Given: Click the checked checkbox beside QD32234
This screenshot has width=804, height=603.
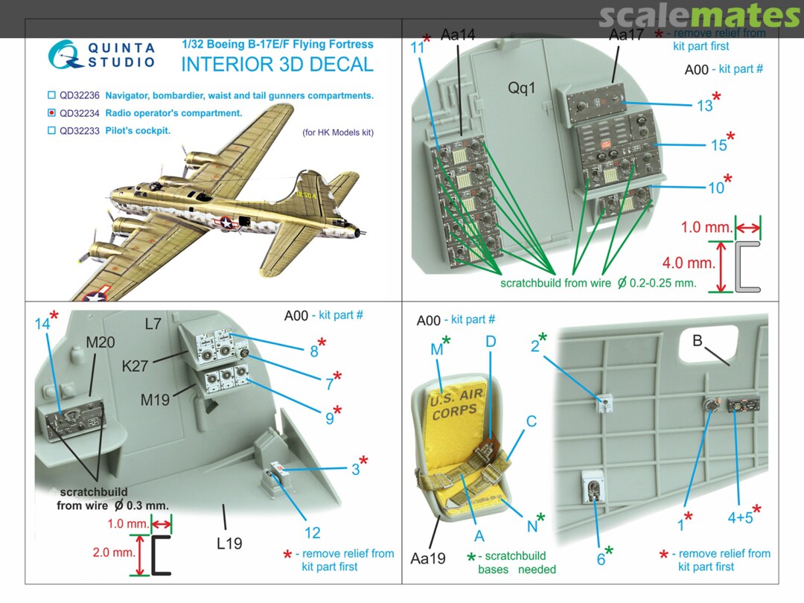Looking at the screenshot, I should [51, 113].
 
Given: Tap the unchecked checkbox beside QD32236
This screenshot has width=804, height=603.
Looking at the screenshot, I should [51, 95].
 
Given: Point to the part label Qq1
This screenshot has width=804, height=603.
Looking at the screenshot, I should [523, 87].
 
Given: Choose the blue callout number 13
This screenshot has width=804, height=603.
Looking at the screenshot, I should [704, 106].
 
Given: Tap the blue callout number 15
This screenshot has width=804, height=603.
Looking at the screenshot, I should [718, 145].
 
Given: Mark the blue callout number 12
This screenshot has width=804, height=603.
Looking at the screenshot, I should [313, 532].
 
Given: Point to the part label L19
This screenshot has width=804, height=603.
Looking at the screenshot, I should [229, 543].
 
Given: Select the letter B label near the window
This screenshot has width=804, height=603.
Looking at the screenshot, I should [698, 342].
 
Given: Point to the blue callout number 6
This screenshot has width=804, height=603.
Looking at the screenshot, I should [600, 559].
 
